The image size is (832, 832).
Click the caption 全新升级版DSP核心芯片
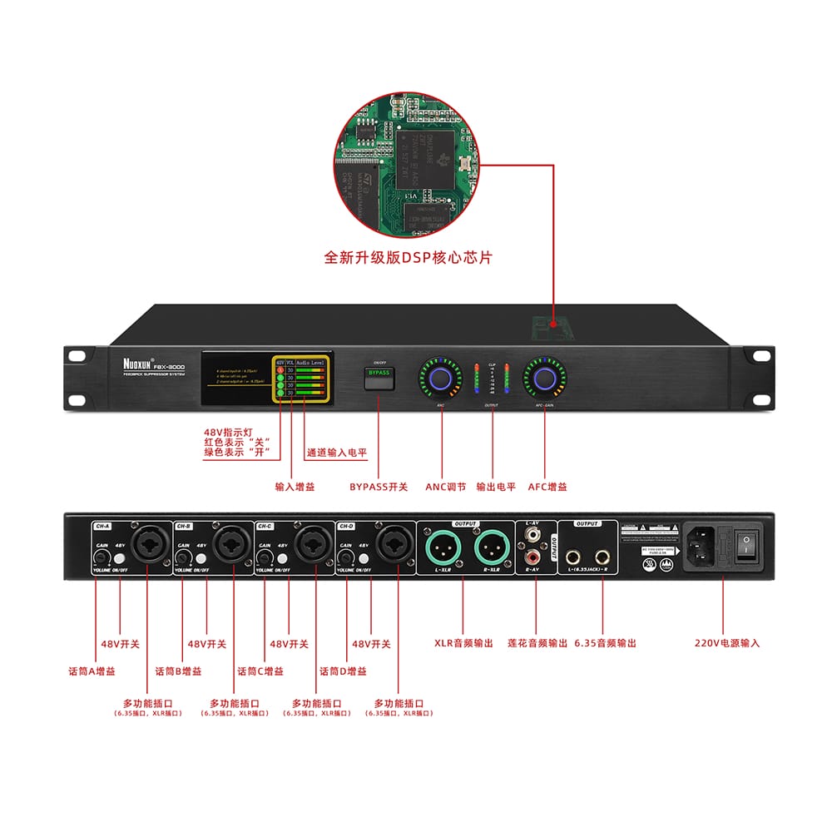408,258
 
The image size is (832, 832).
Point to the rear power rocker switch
750,545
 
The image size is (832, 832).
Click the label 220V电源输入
727,643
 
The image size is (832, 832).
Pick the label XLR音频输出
463,643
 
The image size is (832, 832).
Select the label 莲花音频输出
537,643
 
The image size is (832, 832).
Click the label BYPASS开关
379,487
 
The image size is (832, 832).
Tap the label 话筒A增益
92,671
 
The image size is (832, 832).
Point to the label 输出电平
496,487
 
